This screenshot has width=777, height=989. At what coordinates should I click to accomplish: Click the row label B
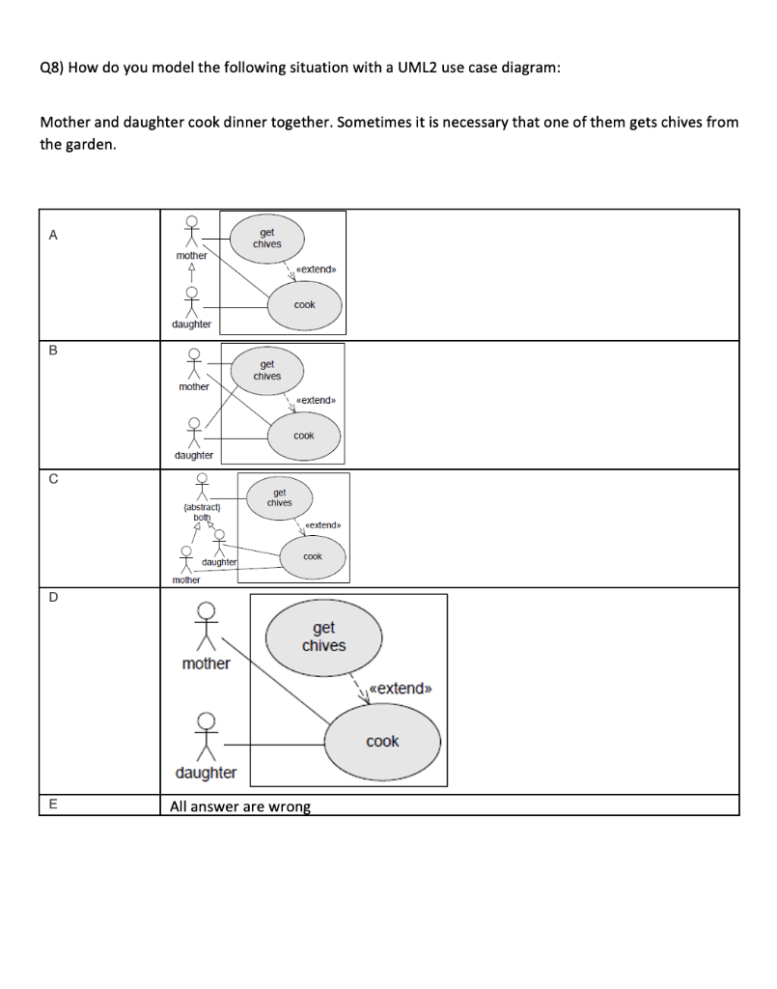(53, 350)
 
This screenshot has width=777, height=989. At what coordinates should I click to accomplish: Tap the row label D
(53, 597)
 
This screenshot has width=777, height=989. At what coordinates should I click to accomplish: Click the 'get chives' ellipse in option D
(323, 636)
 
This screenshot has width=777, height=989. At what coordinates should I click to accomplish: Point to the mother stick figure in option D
(205, 628)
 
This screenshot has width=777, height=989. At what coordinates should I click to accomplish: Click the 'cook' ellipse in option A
(304, 304)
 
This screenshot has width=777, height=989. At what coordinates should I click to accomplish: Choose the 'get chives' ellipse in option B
(267, 370)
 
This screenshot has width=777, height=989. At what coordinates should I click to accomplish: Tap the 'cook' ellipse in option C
(312, 557)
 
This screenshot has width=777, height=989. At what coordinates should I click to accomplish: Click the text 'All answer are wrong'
(240, 806)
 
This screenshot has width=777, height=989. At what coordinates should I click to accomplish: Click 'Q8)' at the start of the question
(52, 70)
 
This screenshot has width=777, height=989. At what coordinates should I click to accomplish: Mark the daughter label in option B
(193, 455)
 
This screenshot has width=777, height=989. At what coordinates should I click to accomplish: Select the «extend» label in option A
(315, 269)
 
